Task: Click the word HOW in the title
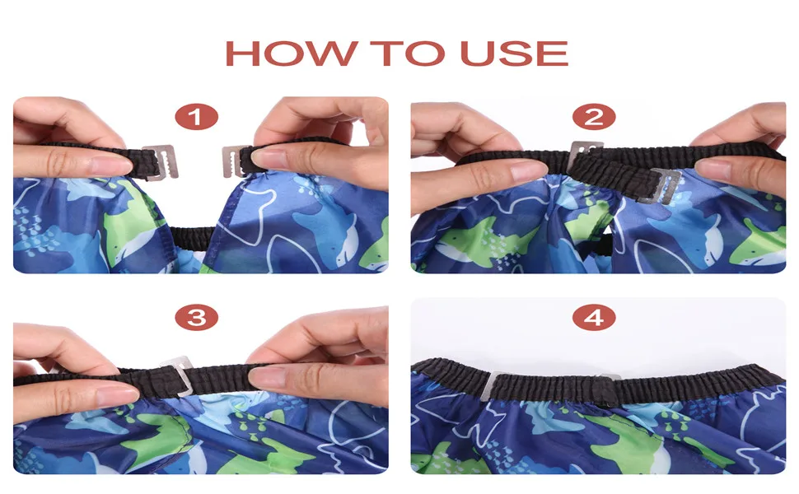[x=291, y=53]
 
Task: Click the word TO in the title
[x=408, y=53]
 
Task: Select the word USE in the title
[x=514, y=53]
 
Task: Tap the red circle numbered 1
[x=196, y=117]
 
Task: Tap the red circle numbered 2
[x=594, y=117]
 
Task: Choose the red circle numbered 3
[x=196, y=318]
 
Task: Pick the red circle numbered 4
[x=594, y=318]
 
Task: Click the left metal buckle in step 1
[x=161, y=162]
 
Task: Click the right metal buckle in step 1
[x=233, y=161]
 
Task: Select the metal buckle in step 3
[x=180, y=375]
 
